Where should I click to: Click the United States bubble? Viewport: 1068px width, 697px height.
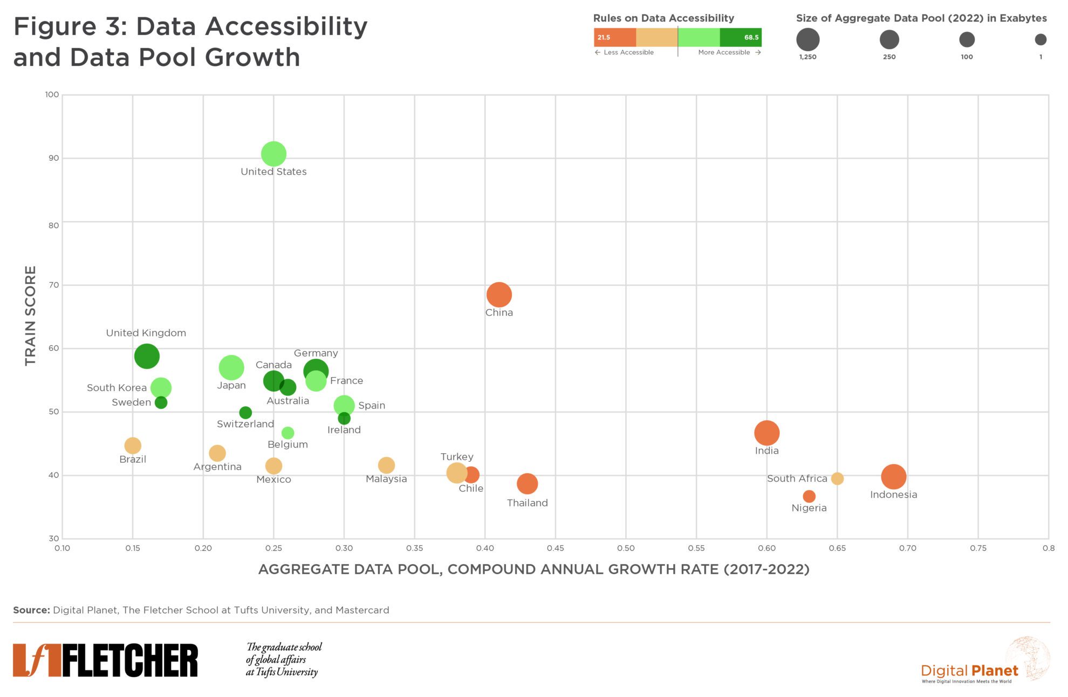click(x=273, y=154)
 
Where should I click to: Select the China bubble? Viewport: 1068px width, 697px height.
click(x=499, y=295)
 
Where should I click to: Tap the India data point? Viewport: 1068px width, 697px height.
click(x=766, y=432)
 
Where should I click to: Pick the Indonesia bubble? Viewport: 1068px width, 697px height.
click(x=893, y=476)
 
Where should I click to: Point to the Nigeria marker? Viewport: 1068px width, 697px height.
click(x=809, y=496)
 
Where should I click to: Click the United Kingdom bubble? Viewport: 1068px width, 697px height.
click(x=147, y=356)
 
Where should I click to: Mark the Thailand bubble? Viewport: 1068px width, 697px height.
click(x=527, y=483)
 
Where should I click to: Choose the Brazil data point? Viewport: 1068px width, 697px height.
click(x=133, y=446)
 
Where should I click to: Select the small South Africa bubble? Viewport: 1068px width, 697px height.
click(x=837, y=479)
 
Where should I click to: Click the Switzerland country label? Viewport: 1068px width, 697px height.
click(x=245, y=424)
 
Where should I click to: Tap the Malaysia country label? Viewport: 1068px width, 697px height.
click(x=386, y=479)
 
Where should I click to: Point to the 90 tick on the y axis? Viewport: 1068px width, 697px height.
click(x=53, y=158)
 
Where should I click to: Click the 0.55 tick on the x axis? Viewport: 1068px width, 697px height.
click(x=696, y=548)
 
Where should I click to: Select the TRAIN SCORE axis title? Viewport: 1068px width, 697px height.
click(x=30, y=316)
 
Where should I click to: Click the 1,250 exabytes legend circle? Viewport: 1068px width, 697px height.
click(x=807, y=39)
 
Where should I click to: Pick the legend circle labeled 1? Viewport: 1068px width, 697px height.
click(x=1040, y=39)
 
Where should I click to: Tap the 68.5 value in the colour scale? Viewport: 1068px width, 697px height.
click(x=751, y=37)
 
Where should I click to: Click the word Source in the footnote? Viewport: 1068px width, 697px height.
click(x=31, y=610)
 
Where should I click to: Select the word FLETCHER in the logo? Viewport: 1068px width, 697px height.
click(x=130, y=660)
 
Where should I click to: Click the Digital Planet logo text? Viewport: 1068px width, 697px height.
click(x=969, y=671)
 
